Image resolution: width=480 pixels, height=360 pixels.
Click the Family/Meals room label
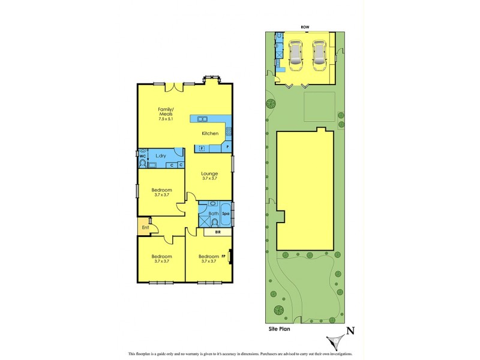click(x=166, y=112)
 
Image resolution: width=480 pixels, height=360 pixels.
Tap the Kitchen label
click(x=209, y=133)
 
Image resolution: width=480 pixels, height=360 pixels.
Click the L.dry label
click(x=160, y=156)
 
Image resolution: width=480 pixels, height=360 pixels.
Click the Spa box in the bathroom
click(x=226, y=213)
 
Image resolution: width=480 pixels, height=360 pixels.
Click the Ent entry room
click(x=145, y=227)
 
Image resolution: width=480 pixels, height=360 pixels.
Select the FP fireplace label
click(x=223, y=256)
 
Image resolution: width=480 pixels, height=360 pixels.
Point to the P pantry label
click(x=227, y=147)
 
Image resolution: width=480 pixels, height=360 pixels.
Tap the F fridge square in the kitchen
click(x=202, y=148)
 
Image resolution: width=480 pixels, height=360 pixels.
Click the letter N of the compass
click(x=352, y=330)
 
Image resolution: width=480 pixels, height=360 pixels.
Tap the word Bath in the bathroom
click(x=213, y=213)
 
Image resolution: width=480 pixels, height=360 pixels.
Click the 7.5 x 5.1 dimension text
click(x=166, y=119)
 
